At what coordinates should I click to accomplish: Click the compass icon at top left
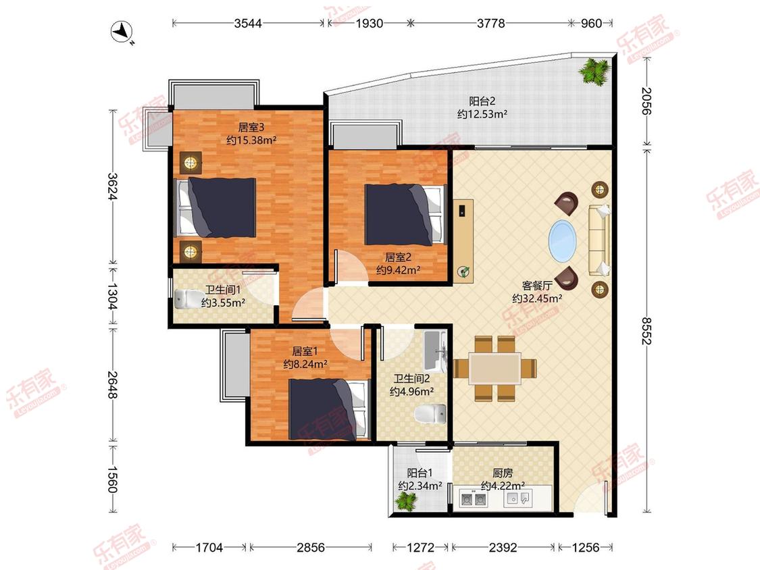(x=122, y=32)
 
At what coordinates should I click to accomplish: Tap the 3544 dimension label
(x=248, y=23)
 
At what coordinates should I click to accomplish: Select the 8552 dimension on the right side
(x=646, y=330)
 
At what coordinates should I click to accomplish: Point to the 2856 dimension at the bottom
(x=311, y=547)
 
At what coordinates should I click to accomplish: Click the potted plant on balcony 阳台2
(x=594, y=71)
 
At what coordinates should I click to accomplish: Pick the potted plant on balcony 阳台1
(x=406, y=502)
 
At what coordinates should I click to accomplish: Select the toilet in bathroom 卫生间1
(x=190, y=299)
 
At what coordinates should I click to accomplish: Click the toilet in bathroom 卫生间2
(x=430, y=414)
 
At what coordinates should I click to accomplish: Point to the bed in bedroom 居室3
(x=216, y=207)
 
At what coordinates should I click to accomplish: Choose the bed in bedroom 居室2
(x=405, y=214)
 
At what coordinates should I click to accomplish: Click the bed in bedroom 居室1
(x=328, y=409)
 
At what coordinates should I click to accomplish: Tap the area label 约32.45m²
(x=537, y=299)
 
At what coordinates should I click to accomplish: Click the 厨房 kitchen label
(x=503, y=473)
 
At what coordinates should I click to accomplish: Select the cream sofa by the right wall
(x=599, y=240)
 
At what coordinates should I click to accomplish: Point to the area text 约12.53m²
(x=482, y=114)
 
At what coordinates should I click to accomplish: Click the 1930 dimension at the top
(x=370, y=23)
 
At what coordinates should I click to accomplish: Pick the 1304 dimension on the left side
(x=112, y=296)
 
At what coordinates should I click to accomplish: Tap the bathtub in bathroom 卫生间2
(x=435, y=350)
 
